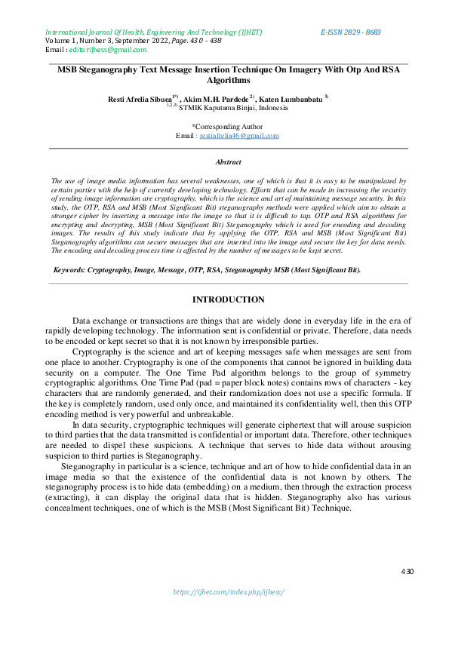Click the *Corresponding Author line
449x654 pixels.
(227, 127)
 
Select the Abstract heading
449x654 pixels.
(228, 162)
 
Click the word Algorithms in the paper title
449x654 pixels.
(228, 80)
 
